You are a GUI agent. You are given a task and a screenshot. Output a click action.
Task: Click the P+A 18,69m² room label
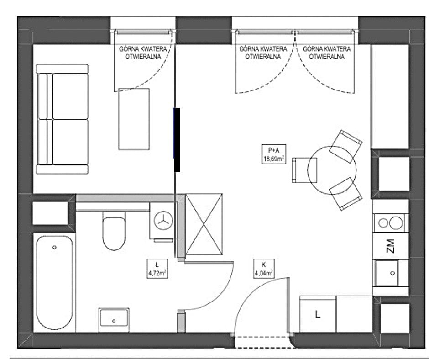pyautogui.click(x=274, y=154)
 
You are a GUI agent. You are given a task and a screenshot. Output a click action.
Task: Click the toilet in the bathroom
pyautogui.click(x=114, y=231)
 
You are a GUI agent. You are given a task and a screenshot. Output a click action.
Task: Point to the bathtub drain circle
pyautogui.click(x=54, y=247)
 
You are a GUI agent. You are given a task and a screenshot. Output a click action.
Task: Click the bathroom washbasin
pyautogui.click(x=114, y=318)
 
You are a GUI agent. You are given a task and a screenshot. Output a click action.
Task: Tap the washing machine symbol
pyautogui.click(x=163, y=221)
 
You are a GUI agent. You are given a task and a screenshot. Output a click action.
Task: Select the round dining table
pyautogui.click(x=332, y=170)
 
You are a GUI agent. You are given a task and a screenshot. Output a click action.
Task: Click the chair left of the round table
pyautogui.click(x=304, y=170)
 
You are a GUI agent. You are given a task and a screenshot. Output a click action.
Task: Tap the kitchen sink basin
pyautogui.click(x=387, y=273)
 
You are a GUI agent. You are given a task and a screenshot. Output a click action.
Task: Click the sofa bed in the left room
pyautogui.click(x=63, y=119)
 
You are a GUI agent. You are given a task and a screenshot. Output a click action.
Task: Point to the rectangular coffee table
pyautogui.click(x=134, y=119)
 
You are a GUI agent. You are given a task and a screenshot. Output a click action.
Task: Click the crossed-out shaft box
pyautogui.click(x=204, y=224)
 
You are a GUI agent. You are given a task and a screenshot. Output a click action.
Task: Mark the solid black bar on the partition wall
pyautogui.click(x=177, y=140)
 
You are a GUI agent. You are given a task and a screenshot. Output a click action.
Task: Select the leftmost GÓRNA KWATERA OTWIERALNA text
pyautogui.click(x=142, y=53)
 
